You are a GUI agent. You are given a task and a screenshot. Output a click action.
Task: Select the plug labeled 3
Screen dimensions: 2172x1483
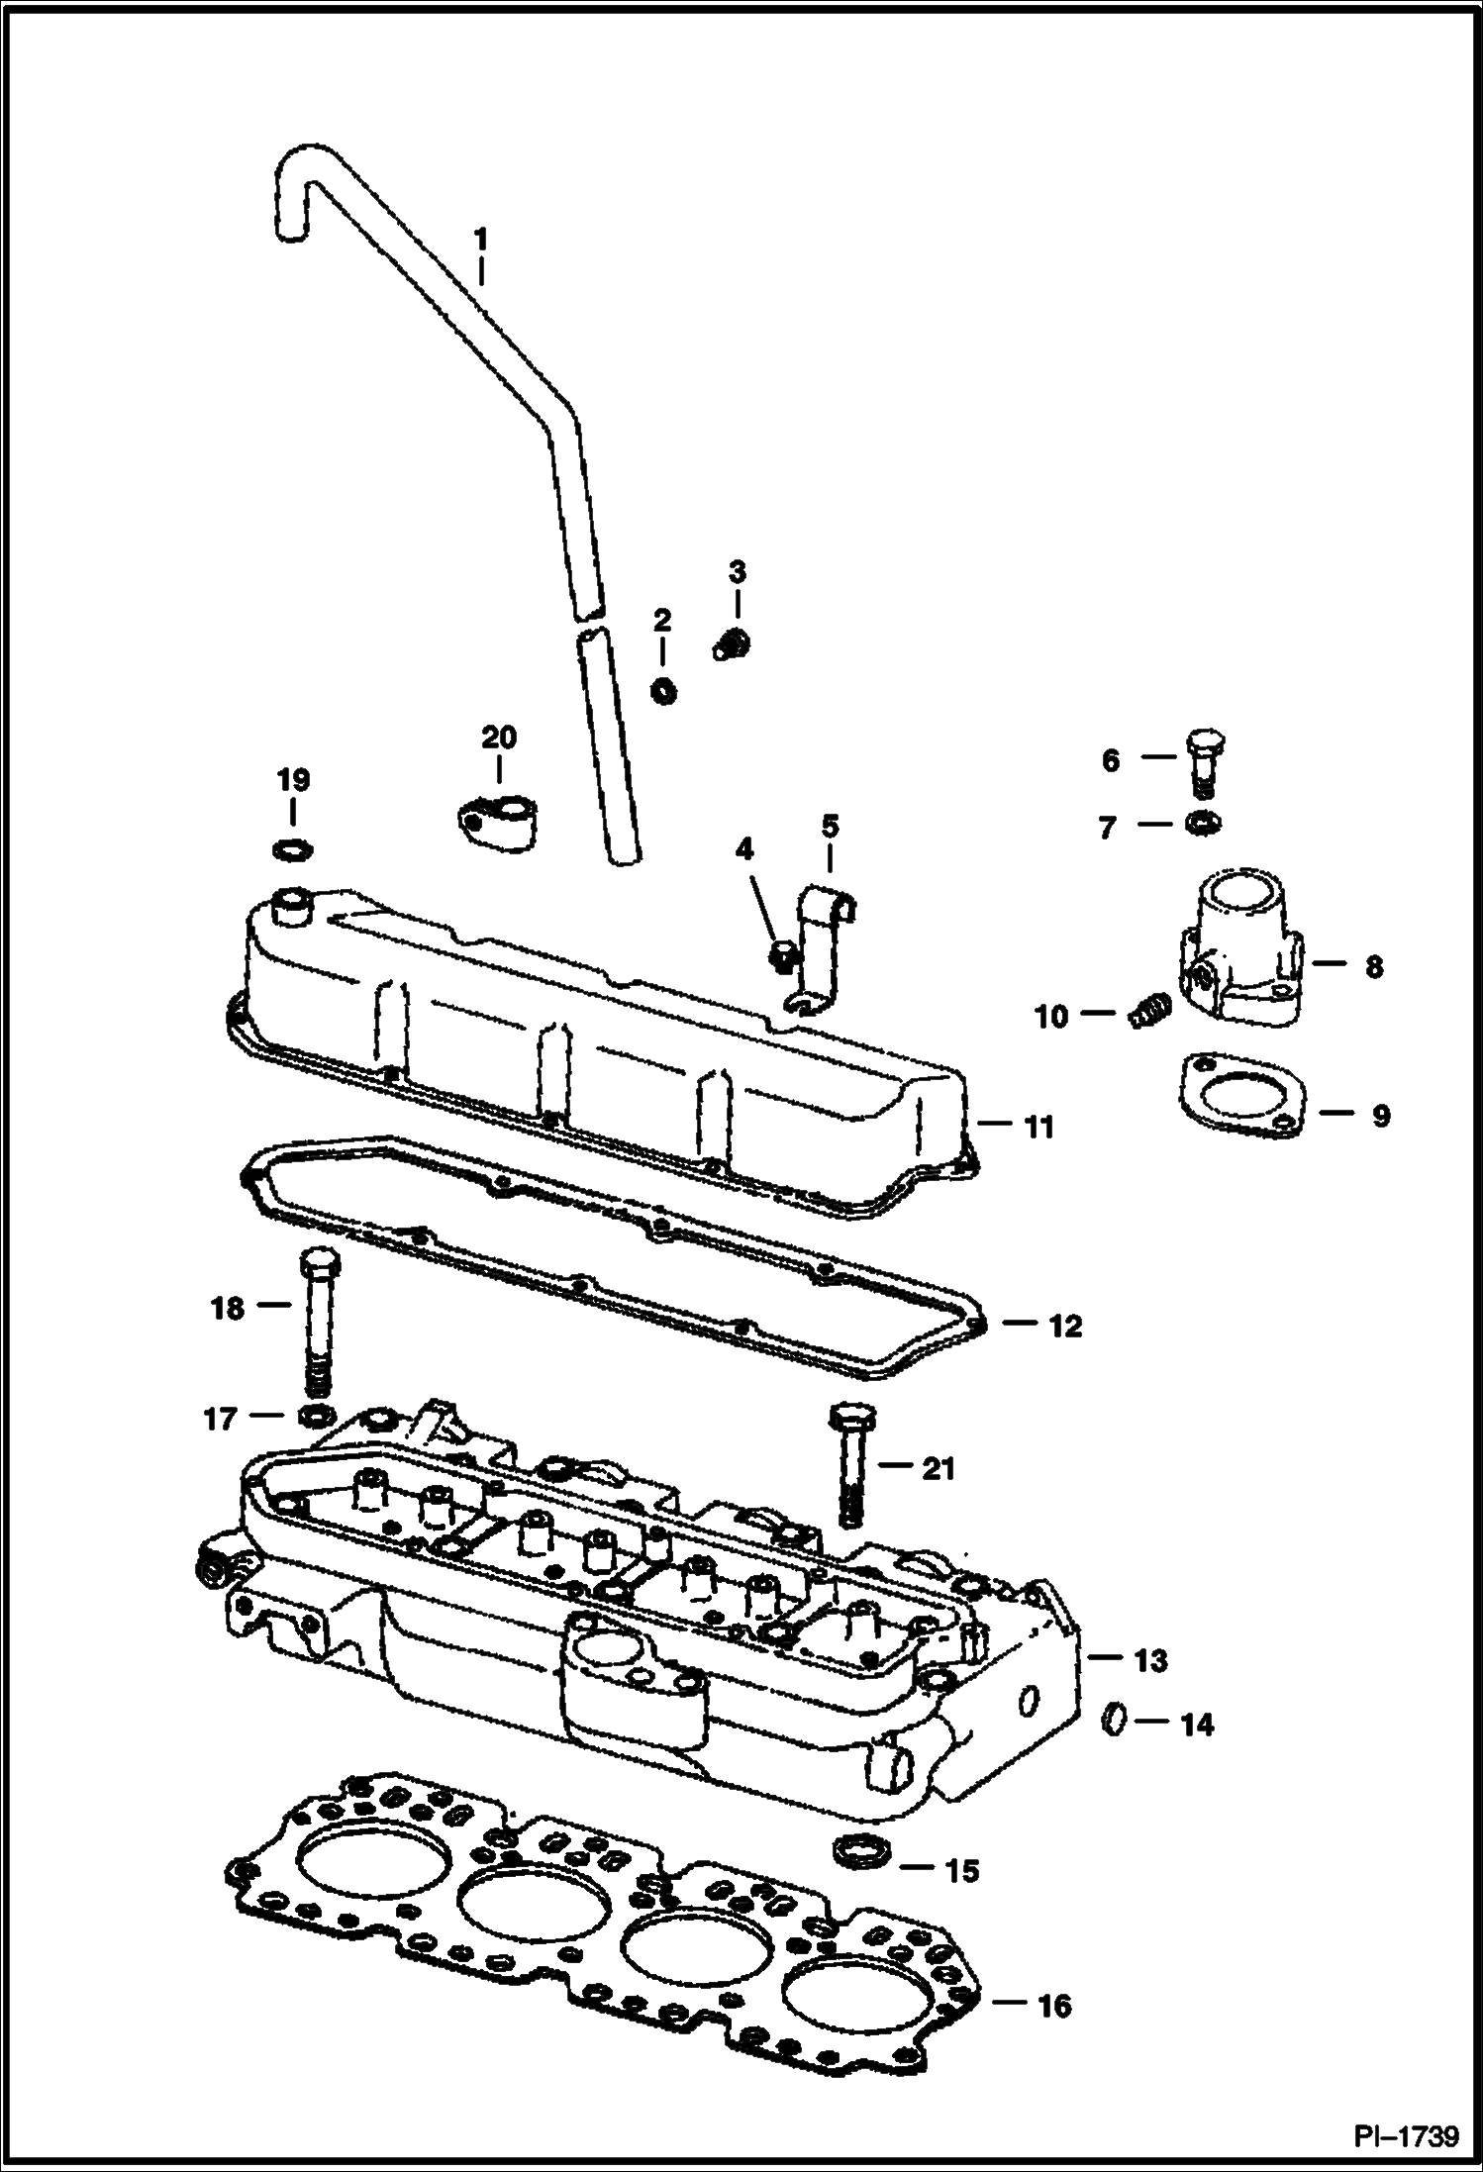point(733,645)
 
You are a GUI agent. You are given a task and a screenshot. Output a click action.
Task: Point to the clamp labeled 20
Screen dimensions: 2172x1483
point(498,823)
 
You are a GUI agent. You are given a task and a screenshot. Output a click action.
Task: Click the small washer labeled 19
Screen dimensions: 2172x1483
point(292,848)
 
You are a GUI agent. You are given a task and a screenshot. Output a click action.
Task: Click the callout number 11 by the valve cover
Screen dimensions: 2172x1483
point(1038,1127)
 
